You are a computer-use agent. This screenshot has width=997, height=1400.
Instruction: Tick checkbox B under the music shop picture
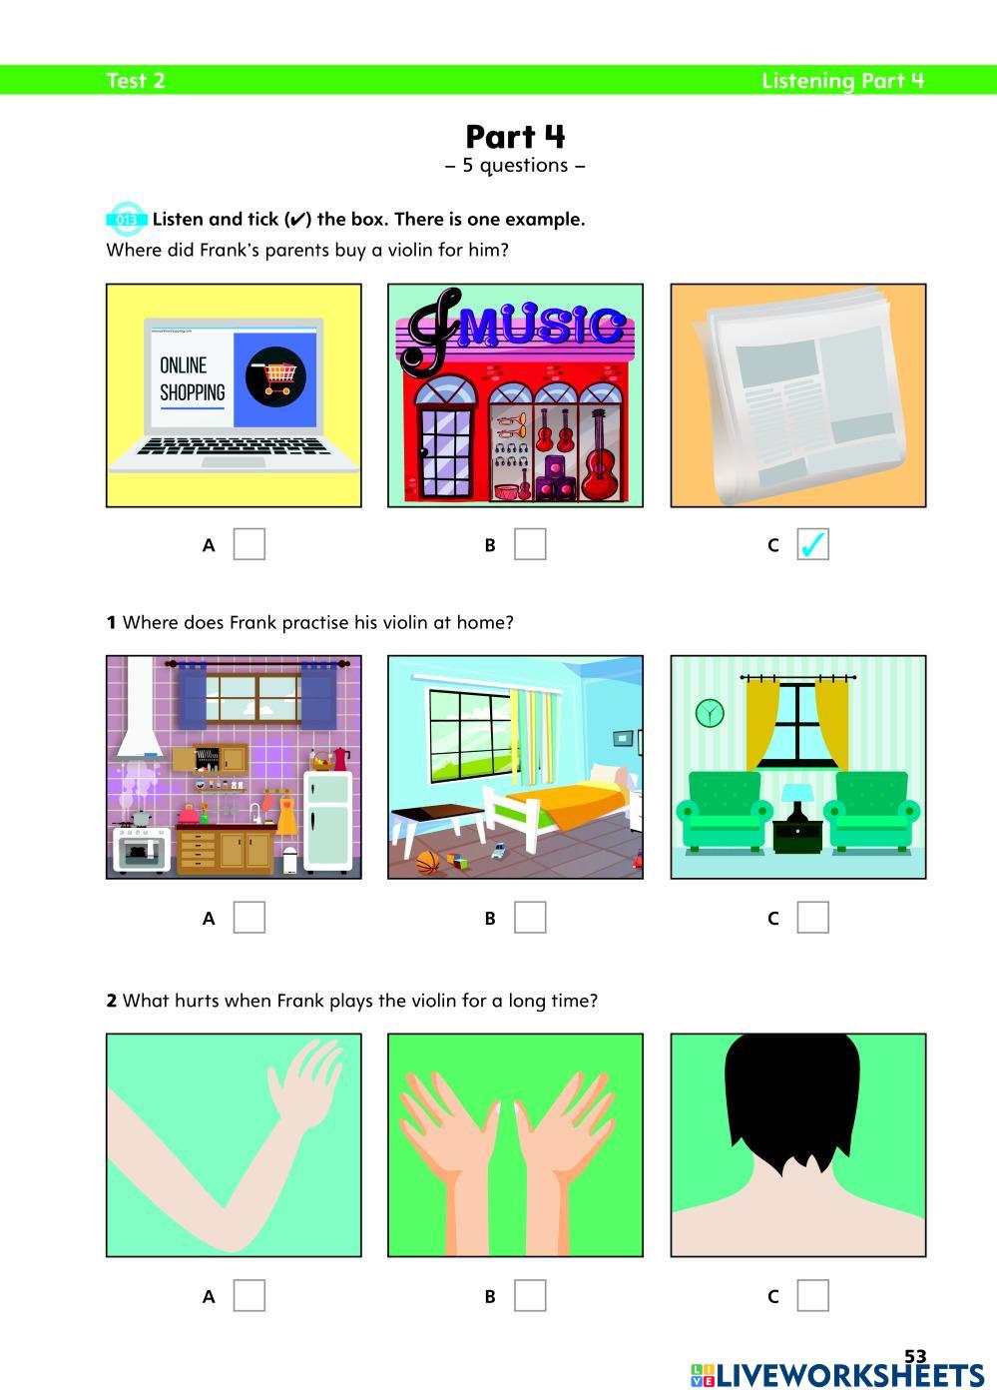click(x=530, y=544)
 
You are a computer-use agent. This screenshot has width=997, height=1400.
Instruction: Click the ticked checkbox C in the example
click(x=812, y=544)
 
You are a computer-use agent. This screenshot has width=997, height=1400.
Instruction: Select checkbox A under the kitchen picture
click(x=249, y=917)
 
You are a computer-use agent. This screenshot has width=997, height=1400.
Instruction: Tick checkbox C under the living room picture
click(x=812, y=917)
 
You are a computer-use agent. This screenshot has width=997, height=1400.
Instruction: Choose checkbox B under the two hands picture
click(x=530, y=1295)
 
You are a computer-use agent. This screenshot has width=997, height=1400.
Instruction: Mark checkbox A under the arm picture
click(x=249, y=1295)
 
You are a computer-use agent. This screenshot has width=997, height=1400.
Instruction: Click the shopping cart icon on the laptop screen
click(x=275, y=376)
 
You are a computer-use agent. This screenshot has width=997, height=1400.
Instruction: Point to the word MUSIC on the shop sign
click(x=541, y=325)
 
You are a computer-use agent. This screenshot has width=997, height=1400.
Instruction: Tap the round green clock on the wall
click(x=710, y=713)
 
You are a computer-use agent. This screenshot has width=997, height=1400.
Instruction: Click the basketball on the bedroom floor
click(x=427, y=863)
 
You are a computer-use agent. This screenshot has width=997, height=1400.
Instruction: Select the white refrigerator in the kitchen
click(x=328, y=822)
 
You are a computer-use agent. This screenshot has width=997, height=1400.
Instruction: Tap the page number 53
click(x=915, y=1356)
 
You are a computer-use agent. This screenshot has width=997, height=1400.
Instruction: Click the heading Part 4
click(x=515, y=137)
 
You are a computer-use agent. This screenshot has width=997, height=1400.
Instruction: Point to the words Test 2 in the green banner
click(x=136, y=81)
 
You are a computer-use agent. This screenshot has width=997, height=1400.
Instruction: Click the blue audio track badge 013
click(x=127, y=220)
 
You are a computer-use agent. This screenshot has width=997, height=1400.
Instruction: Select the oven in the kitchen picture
click(x=141, y=850)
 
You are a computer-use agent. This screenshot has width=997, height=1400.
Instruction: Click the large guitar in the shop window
click(x=600, y=455)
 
